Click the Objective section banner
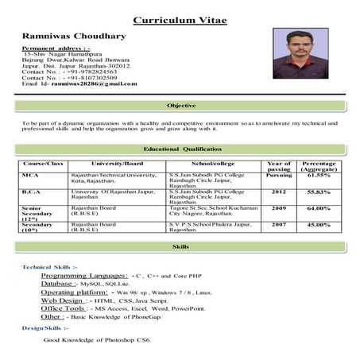[180, 106]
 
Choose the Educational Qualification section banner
[180, 149]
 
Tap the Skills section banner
[180, 248]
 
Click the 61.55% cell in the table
[319, 175]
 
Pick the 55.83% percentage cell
[319, 192]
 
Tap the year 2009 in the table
[279, 208]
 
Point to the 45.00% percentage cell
[319, 225]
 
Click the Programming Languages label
[87, 275]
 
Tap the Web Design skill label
[62, 301]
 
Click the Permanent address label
[56, 48]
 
